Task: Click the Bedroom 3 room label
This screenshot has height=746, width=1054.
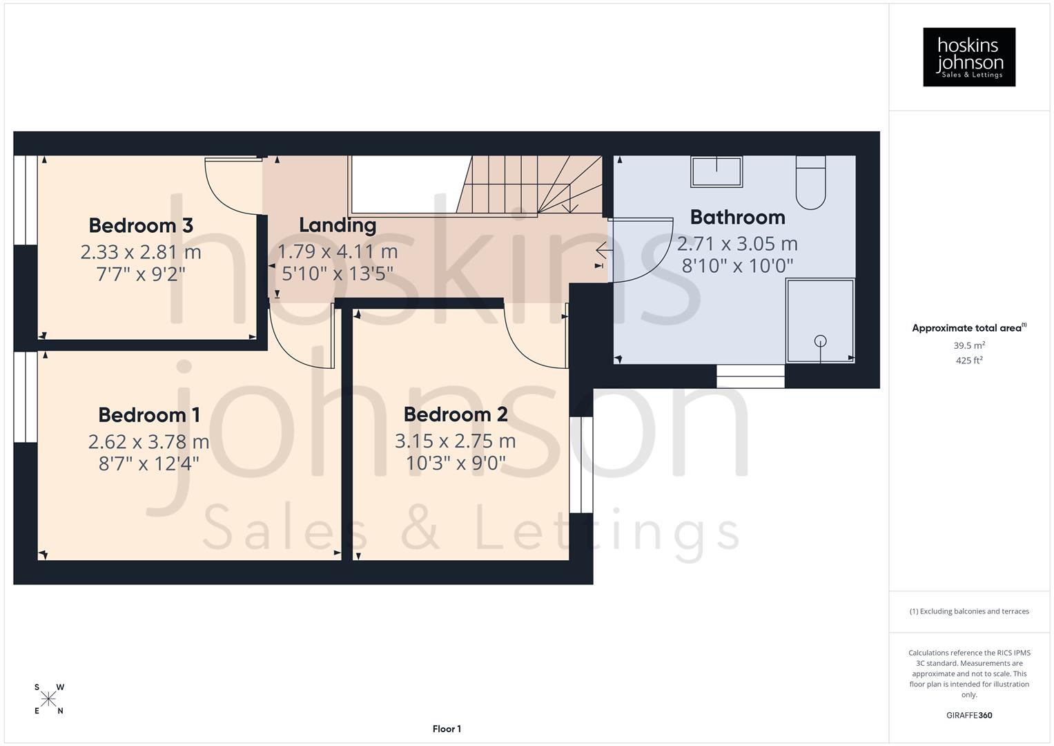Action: tap(141, 225)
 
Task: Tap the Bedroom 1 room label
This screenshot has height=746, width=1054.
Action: tap(149, 414)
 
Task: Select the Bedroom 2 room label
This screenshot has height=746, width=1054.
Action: tap(456, 414)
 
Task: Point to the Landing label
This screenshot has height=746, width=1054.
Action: tap(338, 224)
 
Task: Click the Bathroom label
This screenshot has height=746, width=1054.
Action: tap(737, 217)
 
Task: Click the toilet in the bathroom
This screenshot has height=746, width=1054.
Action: tap(810, 182)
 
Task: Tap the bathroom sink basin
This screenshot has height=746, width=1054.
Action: tap(716, 171)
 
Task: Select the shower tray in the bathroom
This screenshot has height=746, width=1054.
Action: tap(820, 320)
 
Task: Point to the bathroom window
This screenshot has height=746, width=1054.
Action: tap(750, 376)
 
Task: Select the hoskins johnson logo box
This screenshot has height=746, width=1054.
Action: tap(969, 57)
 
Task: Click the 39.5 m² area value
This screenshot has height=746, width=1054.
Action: tap(969, 345)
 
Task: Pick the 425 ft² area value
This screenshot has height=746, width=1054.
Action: tap(969, 360)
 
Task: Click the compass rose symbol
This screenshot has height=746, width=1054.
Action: tap(48, 699)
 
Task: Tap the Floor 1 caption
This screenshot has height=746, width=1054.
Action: tap(447, 729)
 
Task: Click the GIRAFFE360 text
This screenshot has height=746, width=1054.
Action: tap(969, 715)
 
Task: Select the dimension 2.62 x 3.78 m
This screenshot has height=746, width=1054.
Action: tap(148, 441)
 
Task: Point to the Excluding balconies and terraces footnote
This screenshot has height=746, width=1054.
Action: tap(969, 611)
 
